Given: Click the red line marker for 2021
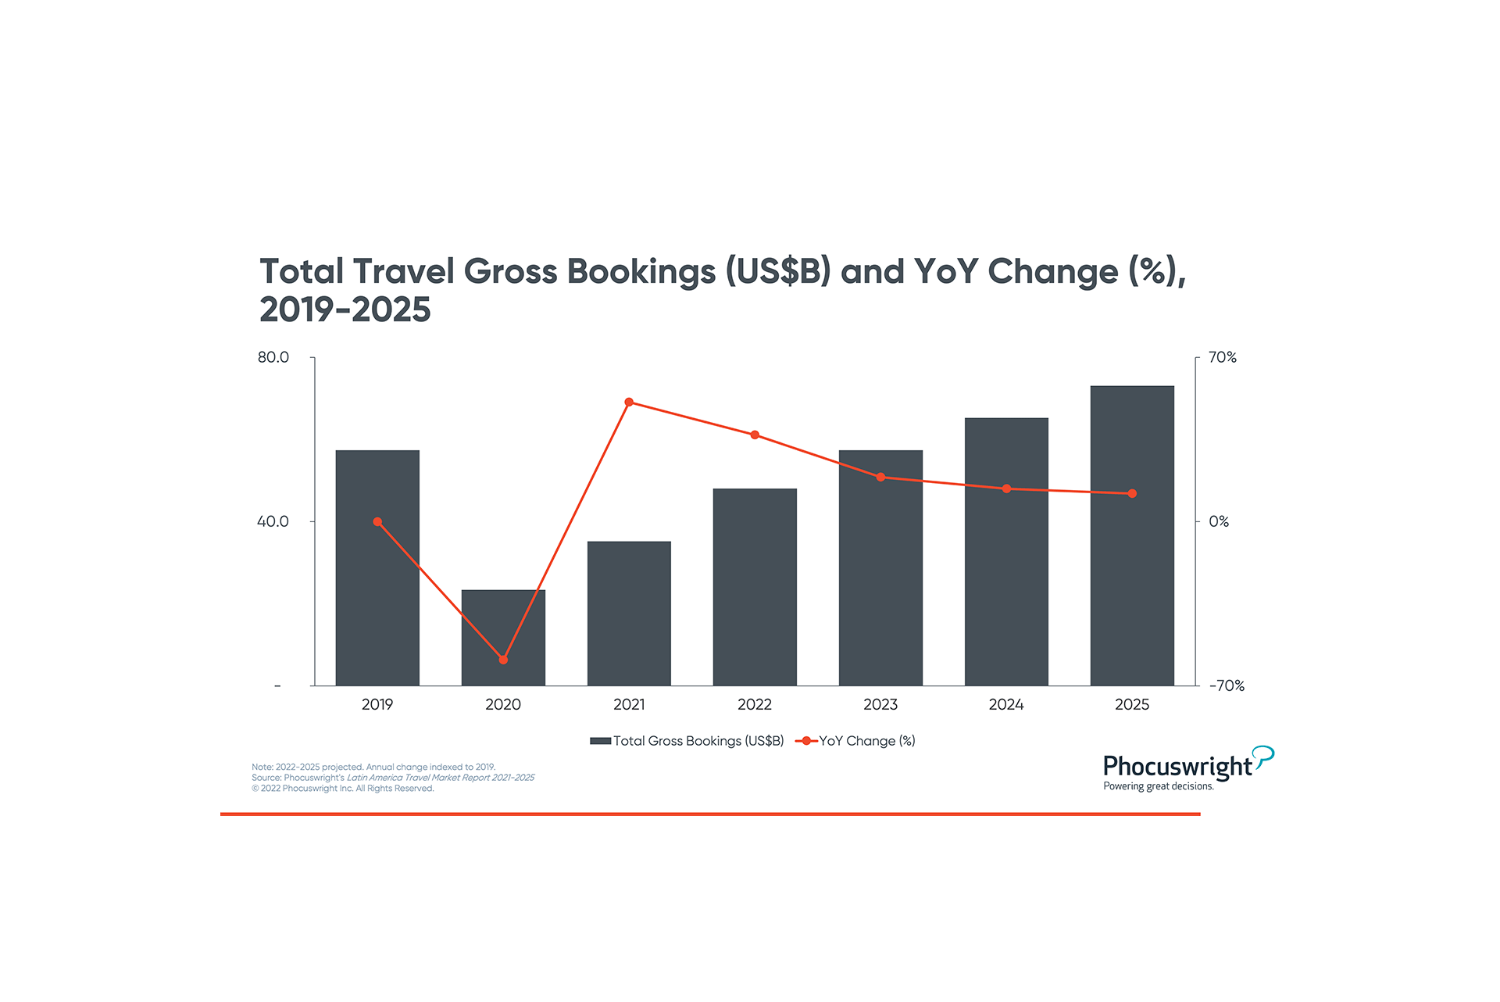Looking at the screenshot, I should [629, 403].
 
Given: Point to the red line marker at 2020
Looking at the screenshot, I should [503, 660].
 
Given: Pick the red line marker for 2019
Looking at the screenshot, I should [377, 521].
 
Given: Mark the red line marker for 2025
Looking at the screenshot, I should [1132, 493].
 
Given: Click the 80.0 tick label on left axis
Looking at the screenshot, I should [273, 357].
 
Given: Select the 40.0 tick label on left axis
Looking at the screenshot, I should [273, 521].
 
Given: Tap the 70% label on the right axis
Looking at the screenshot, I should [1222, 357].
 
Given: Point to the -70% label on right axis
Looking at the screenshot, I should [1227, 685].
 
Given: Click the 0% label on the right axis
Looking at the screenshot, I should [1219, 521].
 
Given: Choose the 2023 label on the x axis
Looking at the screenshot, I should [880, 704].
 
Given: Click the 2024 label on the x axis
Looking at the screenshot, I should [1006, 704].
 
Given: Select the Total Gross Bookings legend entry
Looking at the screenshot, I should [687, 741].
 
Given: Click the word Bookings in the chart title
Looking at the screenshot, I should [641, 271].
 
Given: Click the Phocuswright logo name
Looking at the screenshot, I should [1177, 766].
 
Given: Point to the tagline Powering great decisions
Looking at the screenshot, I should [1159, 786].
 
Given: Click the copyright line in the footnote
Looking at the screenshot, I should [343, 788].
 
